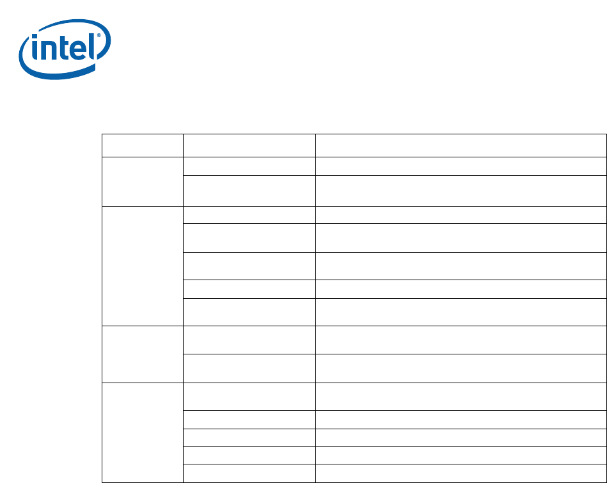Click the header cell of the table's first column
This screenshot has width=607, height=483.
coord(143,145)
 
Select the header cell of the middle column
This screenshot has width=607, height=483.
coord(249,145)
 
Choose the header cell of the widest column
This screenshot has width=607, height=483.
coord(461,145)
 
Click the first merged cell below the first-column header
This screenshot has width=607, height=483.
coord(143,181)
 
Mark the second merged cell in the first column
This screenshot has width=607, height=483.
coord(143,265)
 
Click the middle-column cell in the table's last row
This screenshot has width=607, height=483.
coord(249,473)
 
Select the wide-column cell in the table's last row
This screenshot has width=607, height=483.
coord(461,473)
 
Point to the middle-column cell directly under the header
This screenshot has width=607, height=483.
coord(249,166)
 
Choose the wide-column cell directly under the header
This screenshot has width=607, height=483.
coord(461,166)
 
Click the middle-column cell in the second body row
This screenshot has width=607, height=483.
coord(249,191)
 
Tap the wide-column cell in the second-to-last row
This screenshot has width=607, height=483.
coord(461,455)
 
